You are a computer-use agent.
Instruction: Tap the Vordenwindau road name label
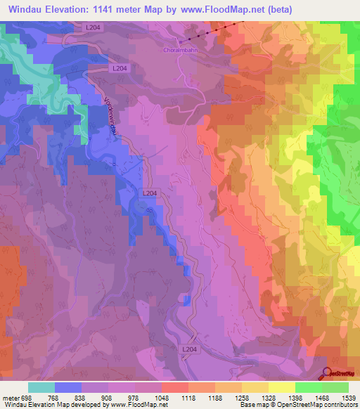point(110,114)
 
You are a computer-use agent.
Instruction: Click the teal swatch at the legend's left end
point(41,387)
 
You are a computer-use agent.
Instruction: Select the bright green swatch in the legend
point(308,387)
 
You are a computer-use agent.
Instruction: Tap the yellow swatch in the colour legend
point(281,387)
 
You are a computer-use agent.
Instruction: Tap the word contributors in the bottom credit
point(338,405)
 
